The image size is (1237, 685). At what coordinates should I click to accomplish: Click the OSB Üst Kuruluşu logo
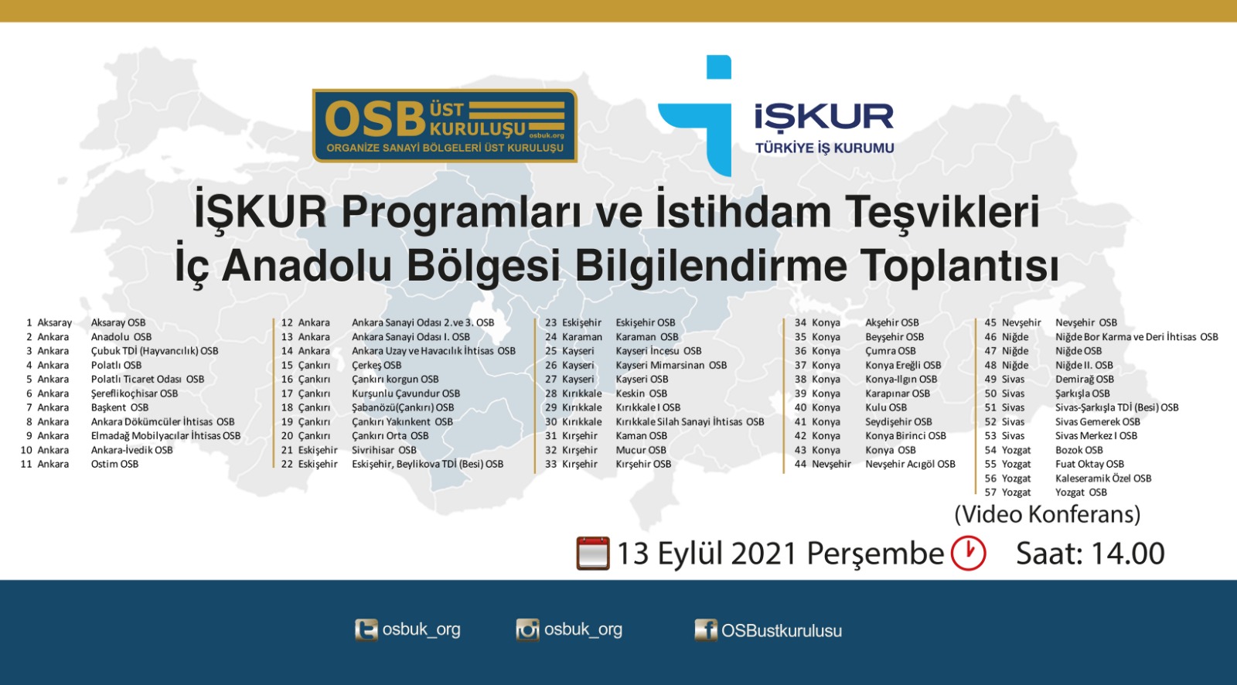coord(445,125)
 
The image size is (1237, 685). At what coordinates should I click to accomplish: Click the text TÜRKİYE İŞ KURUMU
coord(824,148)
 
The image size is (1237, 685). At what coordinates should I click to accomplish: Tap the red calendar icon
coord(593,553)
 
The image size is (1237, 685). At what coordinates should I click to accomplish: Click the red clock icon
coord(968,553)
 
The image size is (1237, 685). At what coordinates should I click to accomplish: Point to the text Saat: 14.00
coord(1090,553)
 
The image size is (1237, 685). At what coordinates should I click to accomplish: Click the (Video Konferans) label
coord(1048,514)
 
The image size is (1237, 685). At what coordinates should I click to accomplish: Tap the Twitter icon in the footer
coord(366,630)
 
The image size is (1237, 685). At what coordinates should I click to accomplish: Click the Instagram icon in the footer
coord(527,630)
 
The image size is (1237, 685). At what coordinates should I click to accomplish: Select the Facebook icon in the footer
coord(706,630)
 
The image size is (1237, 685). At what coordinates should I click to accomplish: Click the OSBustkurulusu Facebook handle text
coord(782,630)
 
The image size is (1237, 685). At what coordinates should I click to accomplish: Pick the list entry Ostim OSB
coord(115,464)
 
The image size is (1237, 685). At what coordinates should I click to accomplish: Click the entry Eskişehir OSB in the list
coord(646,322)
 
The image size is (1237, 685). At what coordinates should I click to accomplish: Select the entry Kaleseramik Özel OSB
coord(1103,479)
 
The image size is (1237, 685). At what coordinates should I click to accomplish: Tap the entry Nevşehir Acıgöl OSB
coord(910,464)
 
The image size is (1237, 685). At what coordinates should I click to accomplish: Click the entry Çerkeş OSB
coord(377,365)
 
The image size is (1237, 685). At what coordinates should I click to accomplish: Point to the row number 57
coord(990,492)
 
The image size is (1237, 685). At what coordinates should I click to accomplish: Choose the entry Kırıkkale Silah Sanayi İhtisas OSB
coord(690,421)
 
